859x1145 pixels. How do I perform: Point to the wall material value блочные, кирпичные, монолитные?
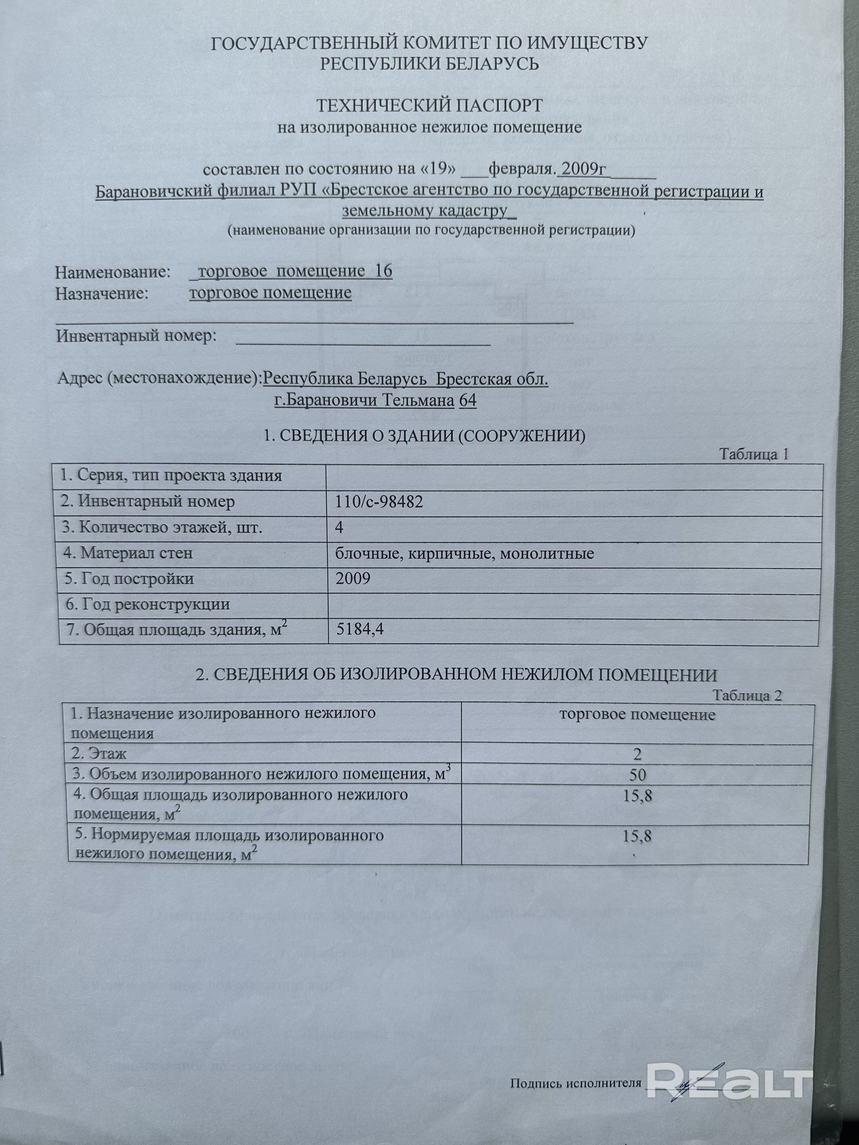click(464, 553)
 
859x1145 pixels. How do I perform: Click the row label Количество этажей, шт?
click(162, 527)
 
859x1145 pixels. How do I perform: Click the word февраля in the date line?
click(522, 169)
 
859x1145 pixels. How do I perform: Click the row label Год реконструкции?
click(147, 604)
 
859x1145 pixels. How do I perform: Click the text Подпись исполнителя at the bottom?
click(575, 1083)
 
